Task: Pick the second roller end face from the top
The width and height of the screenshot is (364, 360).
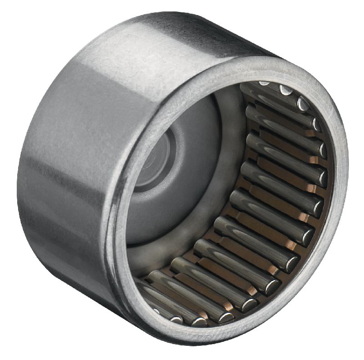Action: (286, 91)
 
